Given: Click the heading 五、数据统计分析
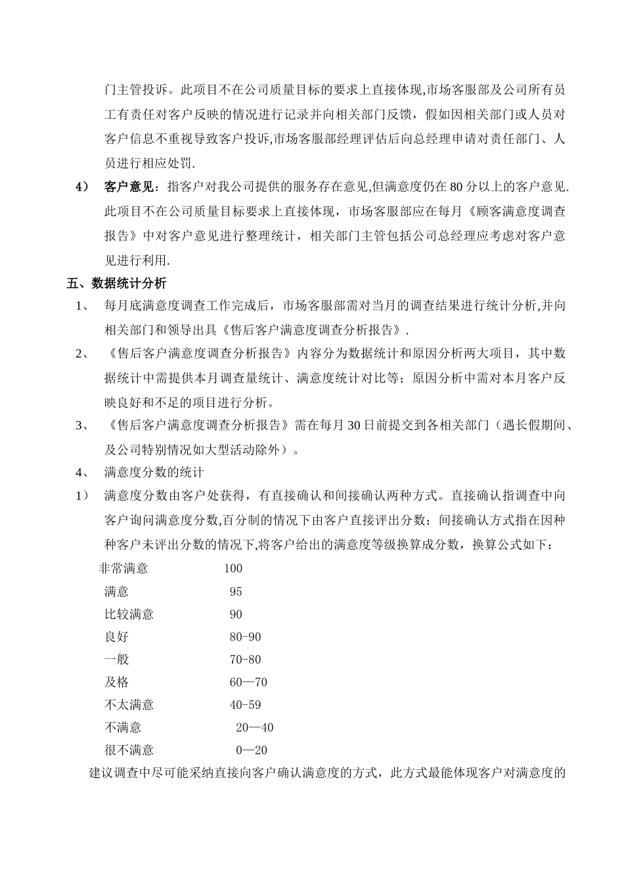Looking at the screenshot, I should pos(116,283).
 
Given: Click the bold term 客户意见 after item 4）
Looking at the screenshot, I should pos(129,187).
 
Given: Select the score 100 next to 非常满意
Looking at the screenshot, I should pos(233,568).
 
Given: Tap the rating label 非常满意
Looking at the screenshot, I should pos(123,568).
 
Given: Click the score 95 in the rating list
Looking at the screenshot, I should pos(236,591).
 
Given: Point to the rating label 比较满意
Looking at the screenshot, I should pos(129,614).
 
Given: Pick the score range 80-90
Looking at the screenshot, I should pos(245,637).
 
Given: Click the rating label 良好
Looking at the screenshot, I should pos(116,637).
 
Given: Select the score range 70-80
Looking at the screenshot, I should pos(245,660).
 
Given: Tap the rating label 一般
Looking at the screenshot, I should pos(116,660).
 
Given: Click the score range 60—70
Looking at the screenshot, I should pos(248,683).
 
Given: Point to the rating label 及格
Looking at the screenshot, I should pos(116,683).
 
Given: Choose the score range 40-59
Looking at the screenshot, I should pos(245,705).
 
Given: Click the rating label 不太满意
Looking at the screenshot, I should pos(129,705).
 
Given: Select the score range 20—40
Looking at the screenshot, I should pos(255,728).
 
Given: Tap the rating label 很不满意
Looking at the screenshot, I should pos(129,750).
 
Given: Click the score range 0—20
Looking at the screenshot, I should pos(252,750).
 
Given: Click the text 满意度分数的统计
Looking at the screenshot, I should pos(154,472).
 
